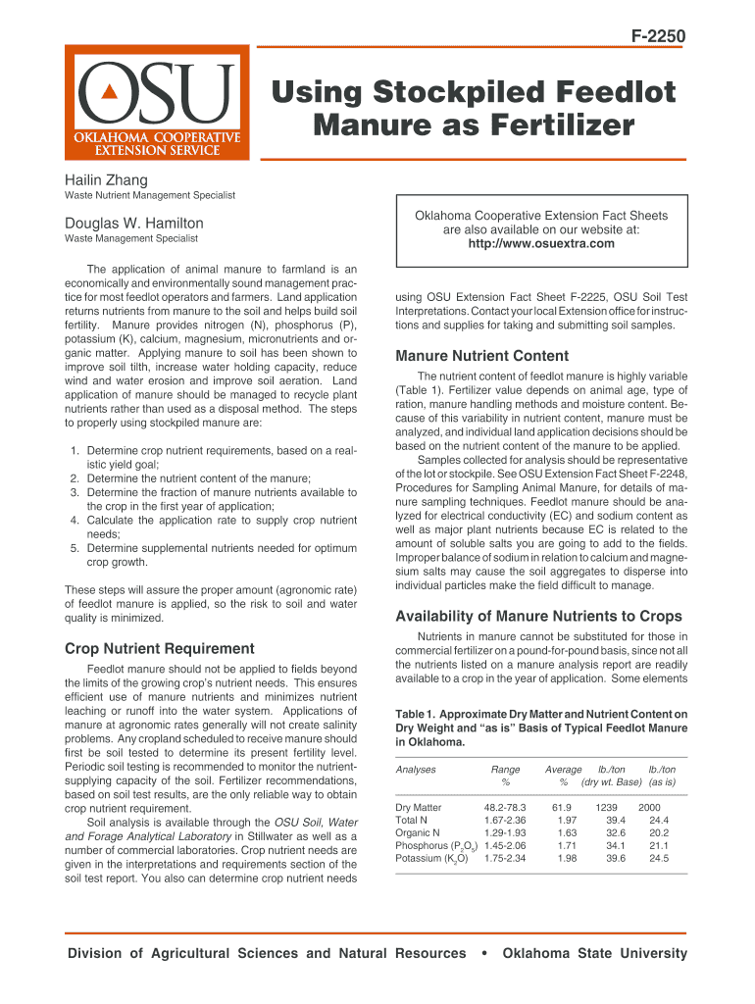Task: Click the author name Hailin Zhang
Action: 106,179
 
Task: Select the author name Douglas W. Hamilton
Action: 133,224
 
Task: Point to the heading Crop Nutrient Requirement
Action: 159,648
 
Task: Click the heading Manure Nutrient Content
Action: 480,356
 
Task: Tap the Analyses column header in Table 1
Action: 416,770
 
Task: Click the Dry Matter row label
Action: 418,807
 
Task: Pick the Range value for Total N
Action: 505,820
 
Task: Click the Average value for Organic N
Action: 566,832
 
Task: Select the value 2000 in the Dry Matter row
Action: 650,807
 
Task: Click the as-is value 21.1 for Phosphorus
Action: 659,845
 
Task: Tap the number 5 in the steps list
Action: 75,548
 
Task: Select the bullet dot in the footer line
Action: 484,954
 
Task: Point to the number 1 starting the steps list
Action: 75,452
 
